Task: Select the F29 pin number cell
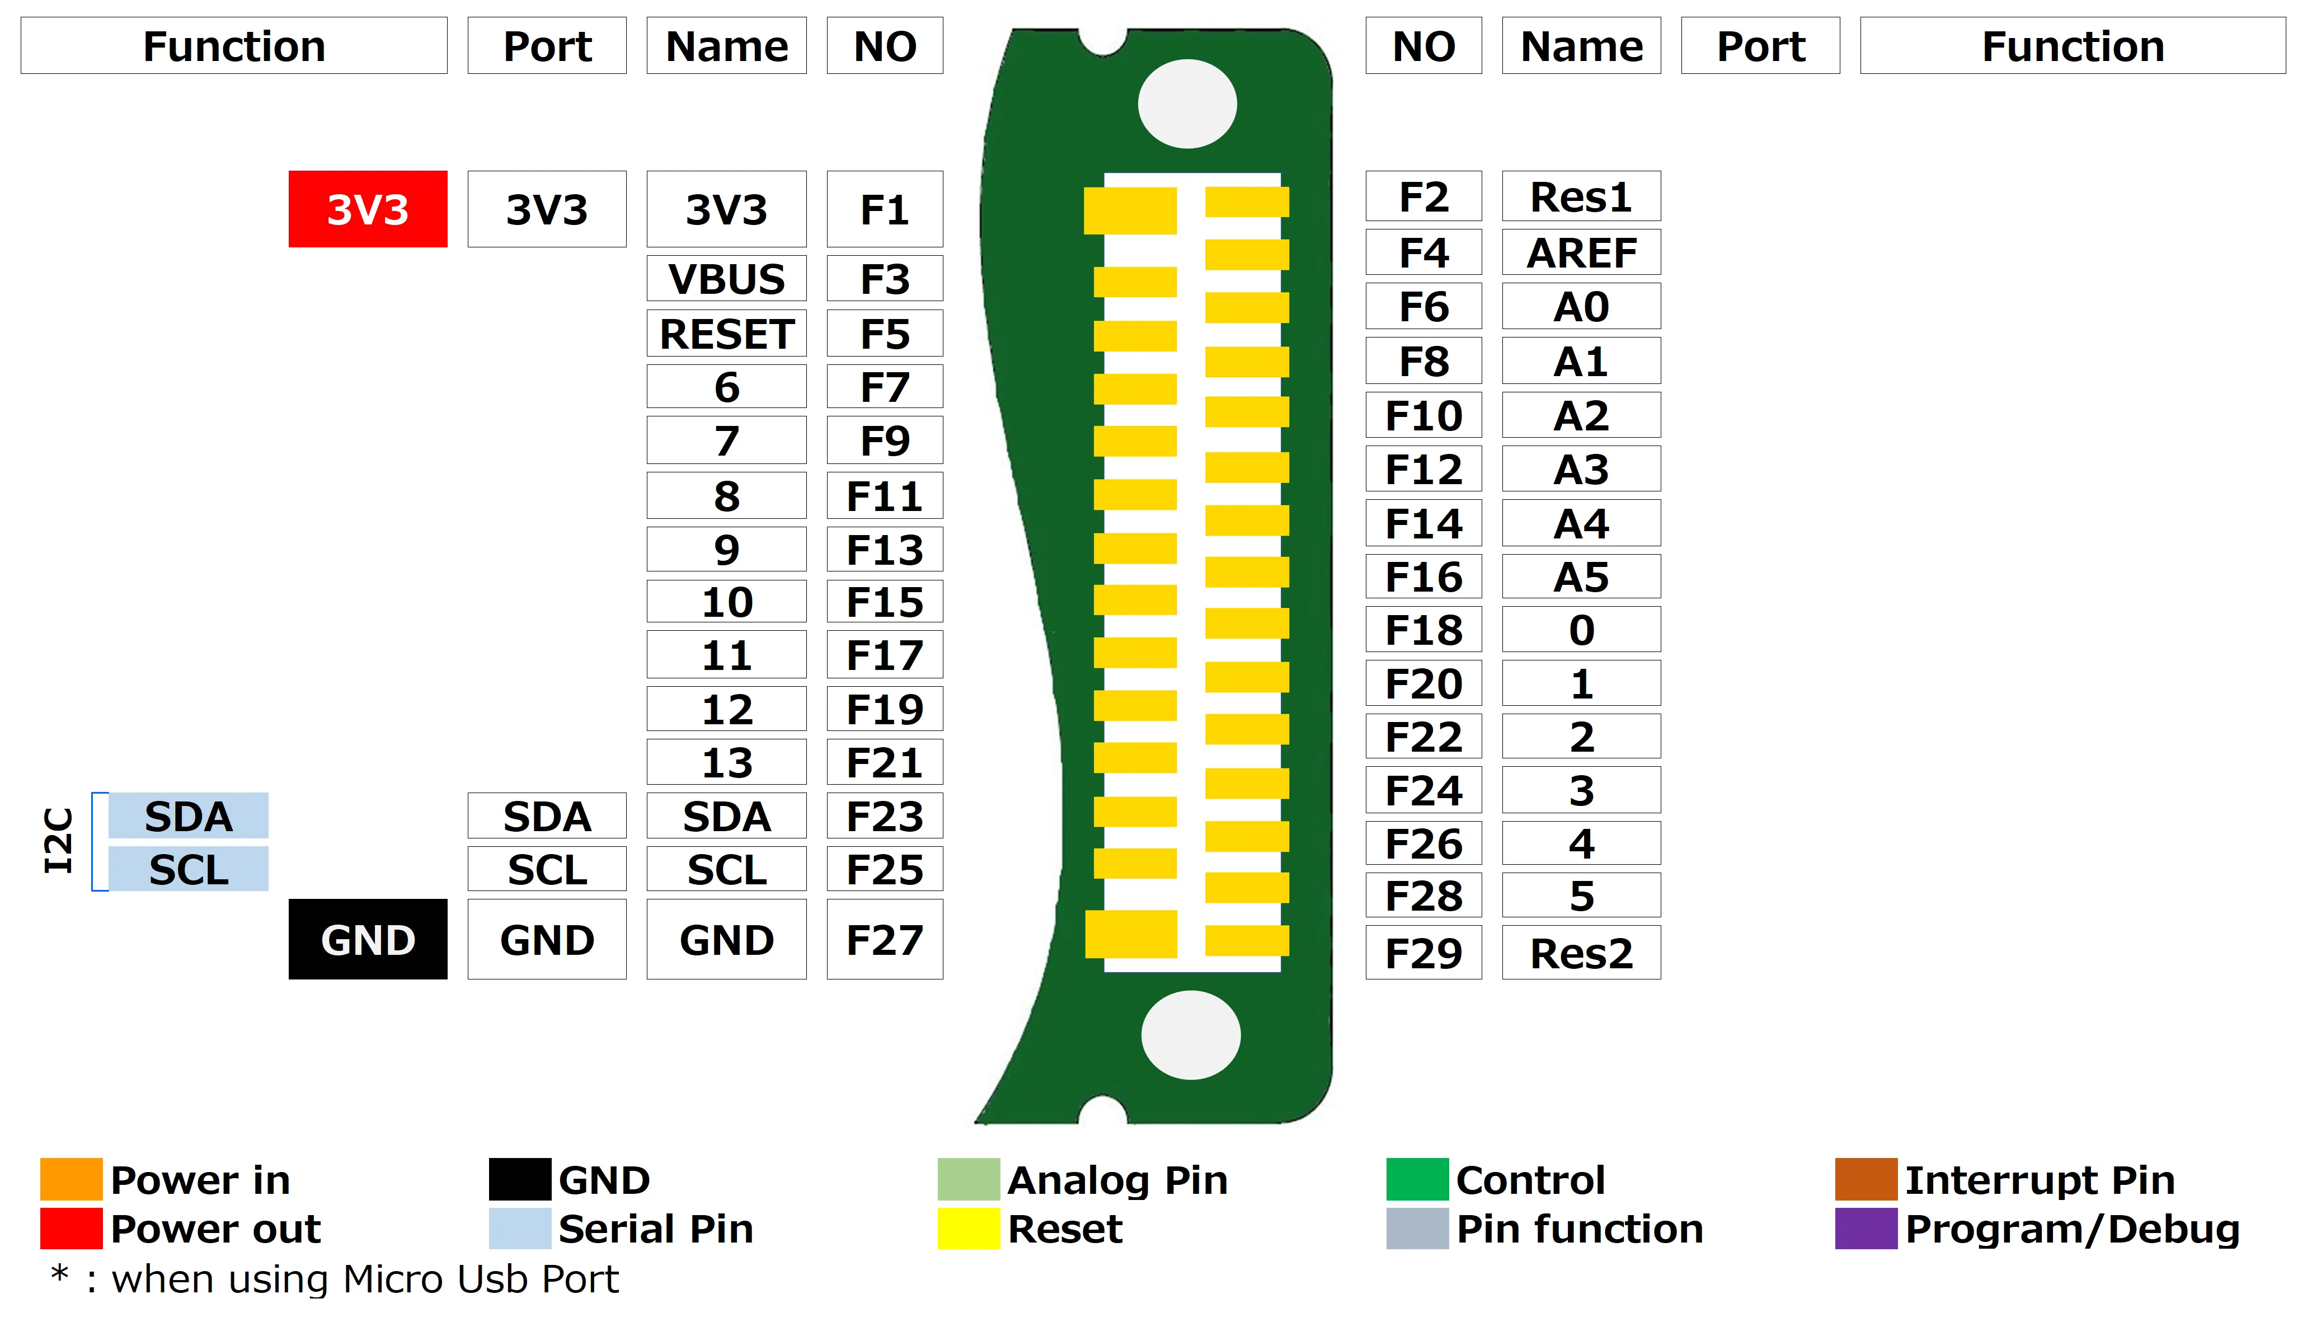pos(1423,952)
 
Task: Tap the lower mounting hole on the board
pos(1190,1035)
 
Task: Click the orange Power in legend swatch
pos(71,1179)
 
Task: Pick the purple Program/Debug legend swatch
pos(1865,1228)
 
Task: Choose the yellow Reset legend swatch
pos(967,1228)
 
